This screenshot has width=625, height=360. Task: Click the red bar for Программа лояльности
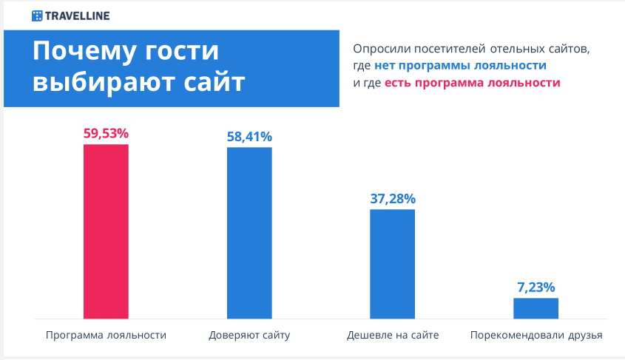tap(106, 231)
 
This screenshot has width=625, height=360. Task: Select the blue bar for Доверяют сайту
tap(249, 233)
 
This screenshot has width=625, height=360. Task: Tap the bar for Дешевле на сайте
tap(392, 264)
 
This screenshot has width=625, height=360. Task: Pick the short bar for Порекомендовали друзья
tap(536, 308)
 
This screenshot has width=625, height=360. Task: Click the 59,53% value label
tap(106, 133)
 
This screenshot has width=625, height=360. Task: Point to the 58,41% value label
tap(249, 137)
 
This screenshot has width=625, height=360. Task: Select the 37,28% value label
tap(393, 198)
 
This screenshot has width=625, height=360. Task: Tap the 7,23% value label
tap(536, 287)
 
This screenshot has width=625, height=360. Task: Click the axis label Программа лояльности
tap(106, 336)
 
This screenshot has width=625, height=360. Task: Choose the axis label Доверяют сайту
tap(249, 336)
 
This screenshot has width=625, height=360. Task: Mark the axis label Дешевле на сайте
tap(393, 336)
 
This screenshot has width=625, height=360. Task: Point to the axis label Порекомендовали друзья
tap(536, 336)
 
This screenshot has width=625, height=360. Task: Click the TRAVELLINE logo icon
tap(37, 16)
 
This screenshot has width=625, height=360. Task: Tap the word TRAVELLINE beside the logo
tap(78, 16)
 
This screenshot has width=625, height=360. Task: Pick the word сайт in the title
tap(214, 82)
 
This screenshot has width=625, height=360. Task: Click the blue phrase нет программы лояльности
tap(460, 66)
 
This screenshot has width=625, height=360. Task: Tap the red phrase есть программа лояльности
tap(473, 83)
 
